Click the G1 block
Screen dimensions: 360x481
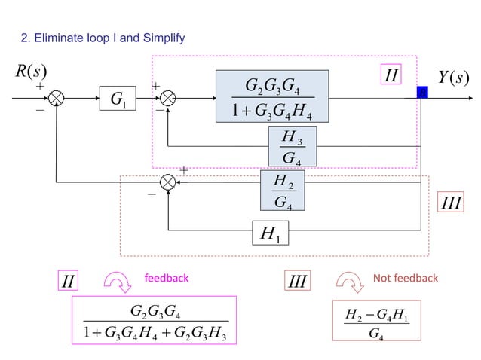coord(118,98)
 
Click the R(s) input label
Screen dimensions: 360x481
coord(31,72)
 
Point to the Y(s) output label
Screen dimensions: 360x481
coord(454,77)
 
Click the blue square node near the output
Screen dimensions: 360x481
coord(422,92)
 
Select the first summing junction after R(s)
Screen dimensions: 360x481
coord(57,98)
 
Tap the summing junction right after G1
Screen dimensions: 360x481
coord(168,98)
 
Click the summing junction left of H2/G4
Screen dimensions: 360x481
coord(168,182)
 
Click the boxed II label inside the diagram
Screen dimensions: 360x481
coord(391,75)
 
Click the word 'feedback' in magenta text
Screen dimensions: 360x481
coord(166,279)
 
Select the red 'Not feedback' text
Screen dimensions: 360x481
coord(405,279)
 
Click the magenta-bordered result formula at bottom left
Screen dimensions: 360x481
coord(154,320)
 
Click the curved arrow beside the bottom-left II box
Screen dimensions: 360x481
coord(117,282)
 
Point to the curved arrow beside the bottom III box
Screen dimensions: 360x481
coord(348,282)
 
